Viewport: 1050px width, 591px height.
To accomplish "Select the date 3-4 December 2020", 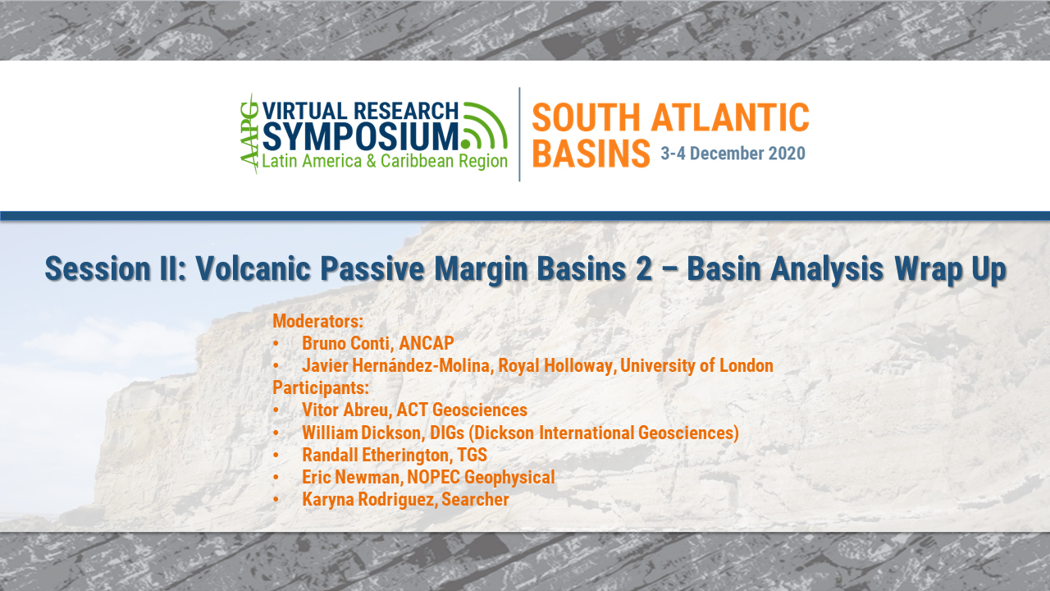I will [733, 153].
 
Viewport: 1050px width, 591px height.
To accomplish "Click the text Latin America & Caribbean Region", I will [384, 161].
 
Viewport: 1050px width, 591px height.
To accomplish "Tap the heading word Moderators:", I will [317, 320].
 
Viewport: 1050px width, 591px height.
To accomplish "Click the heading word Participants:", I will [321, 387].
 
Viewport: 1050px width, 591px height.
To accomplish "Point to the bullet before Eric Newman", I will [277, 477].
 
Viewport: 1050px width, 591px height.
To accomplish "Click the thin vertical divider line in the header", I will [519, 134].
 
